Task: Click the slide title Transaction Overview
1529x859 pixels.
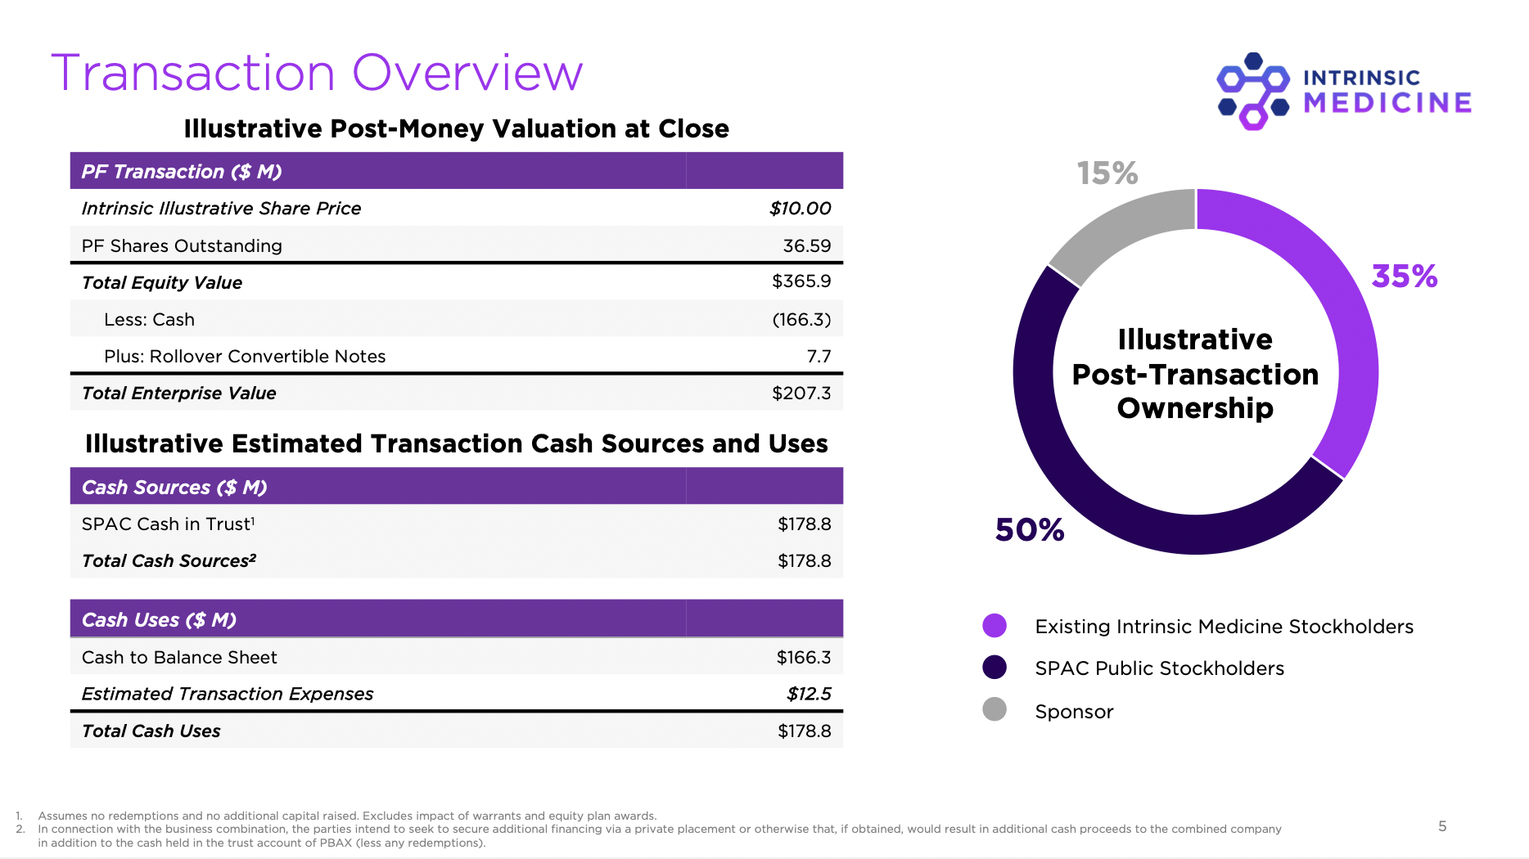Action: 317,73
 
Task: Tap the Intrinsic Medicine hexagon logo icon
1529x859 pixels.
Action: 1253,92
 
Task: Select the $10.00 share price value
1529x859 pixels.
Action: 800,209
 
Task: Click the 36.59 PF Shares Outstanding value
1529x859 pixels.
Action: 806,245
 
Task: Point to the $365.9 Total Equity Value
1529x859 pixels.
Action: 801,281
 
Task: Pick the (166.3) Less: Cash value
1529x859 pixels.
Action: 801,319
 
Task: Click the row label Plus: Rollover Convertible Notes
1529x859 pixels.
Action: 245,356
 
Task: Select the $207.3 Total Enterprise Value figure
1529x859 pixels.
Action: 801,393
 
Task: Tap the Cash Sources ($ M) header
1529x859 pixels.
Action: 174,487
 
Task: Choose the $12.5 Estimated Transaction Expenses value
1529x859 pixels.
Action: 808,694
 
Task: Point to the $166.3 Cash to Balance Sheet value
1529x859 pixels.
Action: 803,657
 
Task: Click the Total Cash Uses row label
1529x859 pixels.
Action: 151,731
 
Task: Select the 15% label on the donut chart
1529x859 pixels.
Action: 1107,173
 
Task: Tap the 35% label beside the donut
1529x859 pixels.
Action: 1404,277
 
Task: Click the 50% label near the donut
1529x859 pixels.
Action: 1029,530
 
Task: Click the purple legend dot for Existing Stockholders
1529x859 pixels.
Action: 994,626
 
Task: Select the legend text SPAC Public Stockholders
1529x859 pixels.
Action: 1159,668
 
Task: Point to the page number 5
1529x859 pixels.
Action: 1442,826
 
